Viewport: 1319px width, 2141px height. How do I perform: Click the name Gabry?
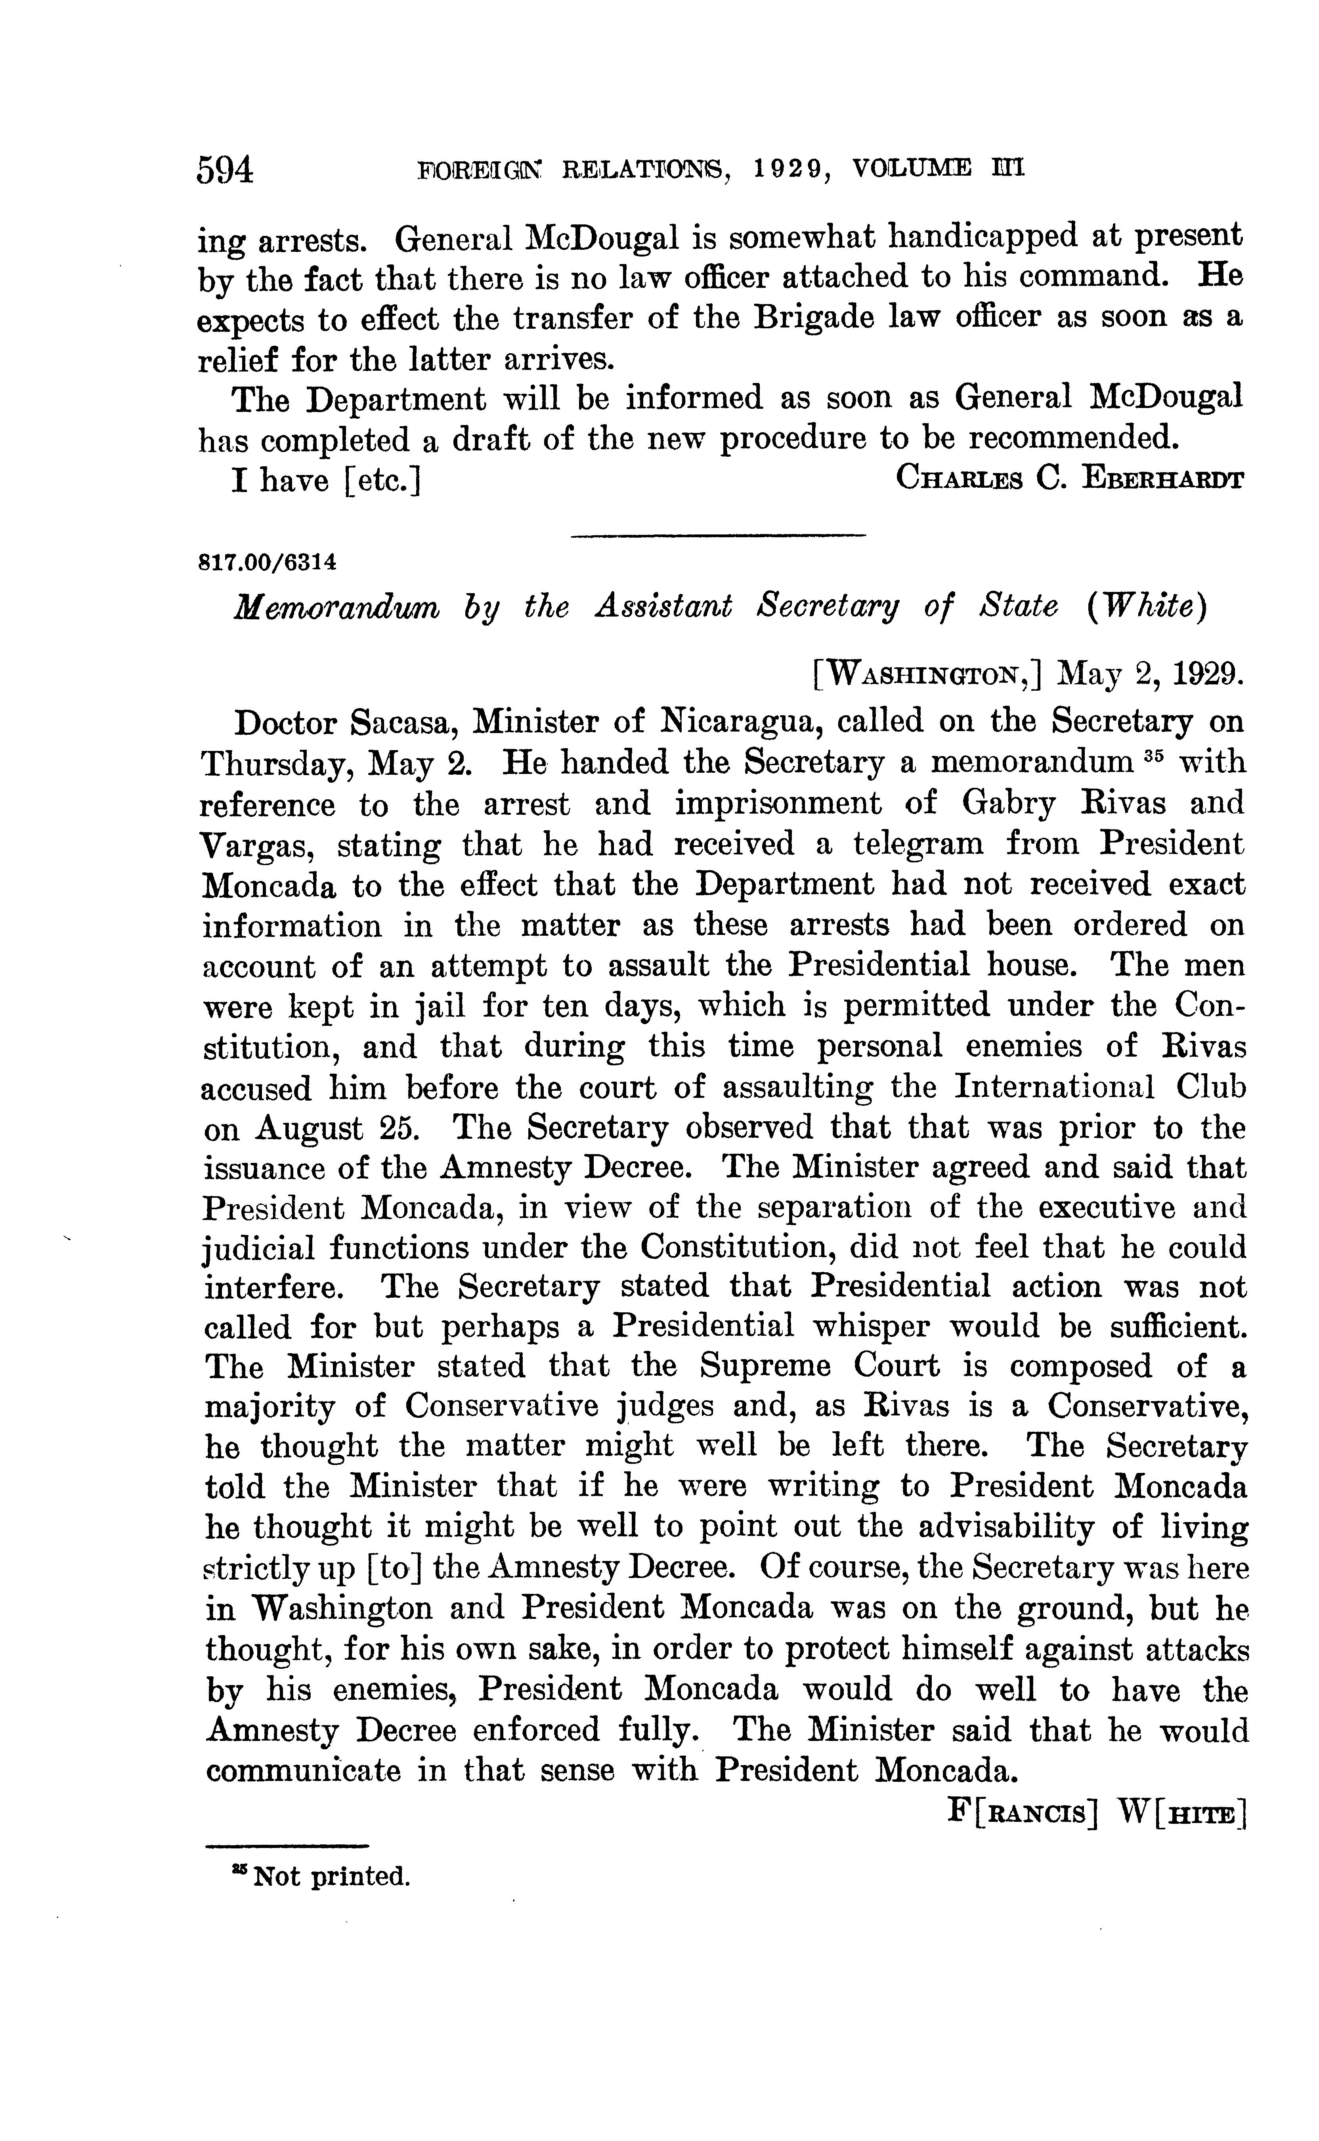point(1012,802)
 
